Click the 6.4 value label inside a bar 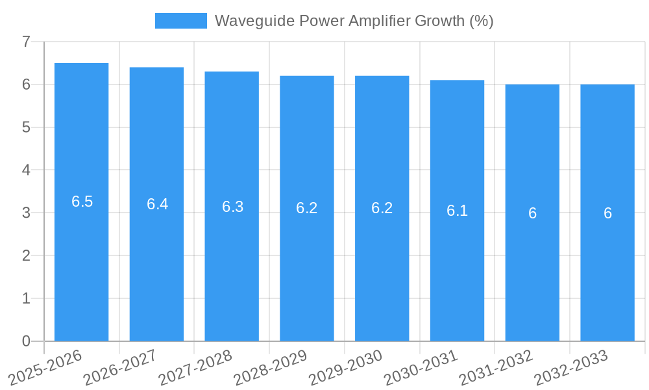(157, 204)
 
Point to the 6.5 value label (82, 201)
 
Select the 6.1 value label (457, 211)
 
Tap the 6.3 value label (232, 207)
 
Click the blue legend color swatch (180, 21)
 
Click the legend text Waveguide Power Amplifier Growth (354, 21)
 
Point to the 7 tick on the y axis (26, 42)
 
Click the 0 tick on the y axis (26, 341)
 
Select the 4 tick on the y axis (26, 170)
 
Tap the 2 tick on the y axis (26, 255)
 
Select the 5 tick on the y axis (26, 127)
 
